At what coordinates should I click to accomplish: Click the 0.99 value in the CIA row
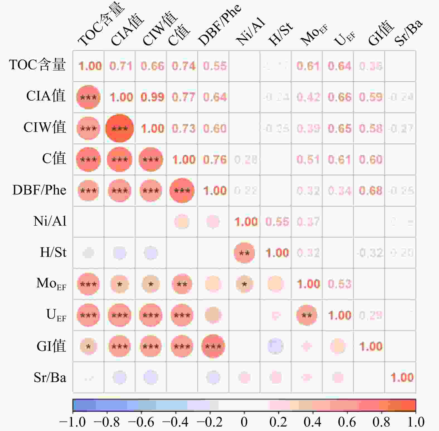152,97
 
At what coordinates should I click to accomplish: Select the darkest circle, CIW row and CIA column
120,128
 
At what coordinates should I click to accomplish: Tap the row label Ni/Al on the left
50,221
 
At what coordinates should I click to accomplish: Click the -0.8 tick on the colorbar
107,422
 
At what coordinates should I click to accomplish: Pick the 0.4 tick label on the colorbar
312,422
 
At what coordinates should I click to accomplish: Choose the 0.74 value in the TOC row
183,66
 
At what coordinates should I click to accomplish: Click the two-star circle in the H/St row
244,253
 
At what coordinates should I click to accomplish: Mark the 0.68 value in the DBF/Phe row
370,191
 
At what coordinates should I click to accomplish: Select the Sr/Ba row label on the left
50,378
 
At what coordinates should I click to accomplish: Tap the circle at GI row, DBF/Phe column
213,346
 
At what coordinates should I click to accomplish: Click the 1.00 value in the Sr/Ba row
402,378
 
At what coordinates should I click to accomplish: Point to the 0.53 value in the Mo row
339,284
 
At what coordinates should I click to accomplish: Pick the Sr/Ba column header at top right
408,33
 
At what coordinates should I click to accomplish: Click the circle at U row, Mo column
307,315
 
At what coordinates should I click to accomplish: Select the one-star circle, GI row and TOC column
88,346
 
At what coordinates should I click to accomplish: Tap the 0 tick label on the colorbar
244,422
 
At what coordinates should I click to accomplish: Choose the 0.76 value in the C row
215,159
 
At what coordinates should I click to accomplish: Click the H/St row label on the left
53,252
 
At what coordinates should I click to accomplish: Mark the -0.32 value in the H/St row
370,253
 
